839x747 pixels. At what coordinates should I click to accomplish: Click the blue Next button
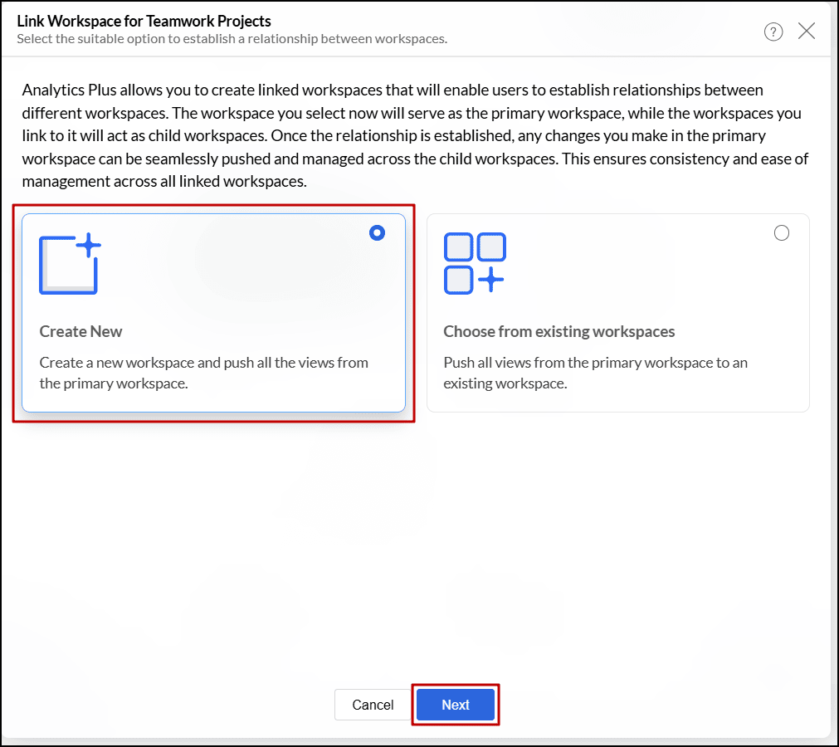pyautogui.click(x=456, y=705)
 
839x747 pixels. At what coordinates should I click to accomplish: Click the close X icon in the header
pyautogui.click(x=806, y=32)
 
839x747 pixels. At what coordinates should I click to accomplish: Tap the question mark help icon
pyautogui.click(x=773, y=32)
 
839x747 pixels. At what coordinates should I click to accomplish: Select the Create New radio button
pyautogui.click(x=377, y=233)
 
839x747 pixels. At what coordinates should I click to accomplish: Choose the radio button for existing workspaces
pyautogui.click(x=781, y=233)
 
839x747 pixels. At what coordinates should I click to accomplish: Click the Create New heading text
pyautogui.click(x=80, y=331)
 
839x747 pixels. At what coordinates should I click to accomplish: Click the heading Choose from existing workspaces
pyautogui.click(x=559, y=331)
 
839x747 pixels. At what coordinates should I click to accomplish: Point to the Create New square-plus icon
pyautogui.click(x=69, y=264)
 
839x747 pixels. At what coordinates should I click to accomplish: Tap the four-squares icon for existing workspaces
pyautogui.click(x=475, y=263)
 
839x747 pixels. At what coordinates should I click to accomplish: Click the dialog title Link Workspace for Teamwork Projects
pyautogui.click(x=144, y=21)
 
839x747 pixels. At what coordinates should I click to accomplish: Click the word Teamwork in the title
pyautogui.click(x=177, y=21)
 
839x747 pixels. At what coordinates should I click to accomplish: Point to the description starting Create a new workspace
pyautogui.click(x=203, y=373)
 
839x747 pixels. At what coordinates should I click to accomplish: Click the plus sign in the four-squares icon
pyautogui.click(x=491, y=280)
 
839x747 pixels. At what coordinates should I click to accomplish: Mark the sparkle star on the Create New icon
pyautogui.click(x=88, y=246)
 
